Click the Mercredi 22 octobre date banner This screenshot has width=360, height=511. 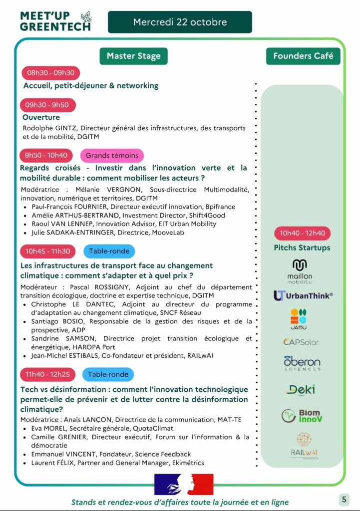pyautogui.click(x=180, y=22)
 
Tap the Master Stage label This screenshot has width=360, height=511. pyautogui.click(x=133, y=56)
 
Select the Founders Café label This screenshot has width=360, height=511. pyautogui.click(x=303, y=56)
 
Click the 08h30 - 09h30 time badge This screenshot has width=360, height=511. pyautogui.click(x=50, y=73)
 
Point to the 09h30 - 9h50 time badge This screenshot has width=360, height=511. pyautogui.click(x=47, y=105)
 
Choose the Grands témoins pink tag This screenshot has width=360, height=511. pyautogui.click(x=112, y=155)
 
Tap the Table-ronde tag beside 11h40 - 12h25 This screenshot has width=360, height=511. pyautogui.click(x=108, y=374)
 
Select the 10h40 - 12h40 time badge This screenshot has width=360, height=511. pyautogui.click(x=302, y=233)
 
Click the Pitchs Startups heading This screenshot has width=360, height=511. pyautogui.click(x=302, y=248)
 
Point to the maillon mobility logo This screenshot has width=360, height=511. pyautogui.click(x=300, y=271)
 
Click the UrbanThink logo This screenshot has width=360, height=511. pyautogui.click(x=303, y=295)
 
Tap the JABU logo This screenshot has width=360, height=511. pyautogui.click(x=299, y=320)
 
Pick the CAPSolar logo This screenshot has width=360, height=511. pyautogui.click(x=301, y=342)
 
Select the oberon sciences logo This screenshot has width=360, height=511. pyautogui.click(x=302, y=363)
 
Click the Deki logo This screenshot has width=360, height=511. pyautogui.click(x=301, y=389)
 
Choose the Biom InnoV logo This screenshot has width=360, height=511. pyautogui.click(x=302, y=416)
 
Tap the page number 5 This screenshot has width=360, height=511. pyautogui.click(x=344, y=499)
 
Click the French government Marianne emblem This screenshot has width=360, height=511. pyautogui.click(x=184, y=484)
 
